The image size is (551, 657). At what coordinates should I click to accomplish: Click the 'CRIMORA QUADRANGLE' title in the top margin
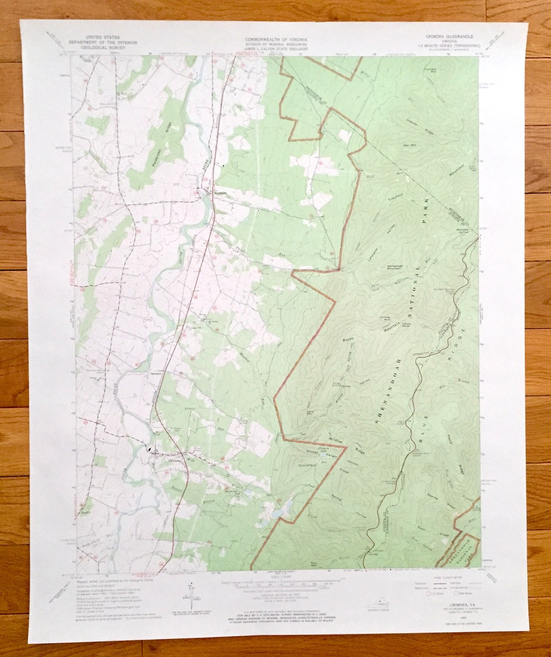[449, 37]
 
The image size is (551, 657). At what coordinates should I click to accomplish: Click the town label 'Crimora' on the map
[162, 458]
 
